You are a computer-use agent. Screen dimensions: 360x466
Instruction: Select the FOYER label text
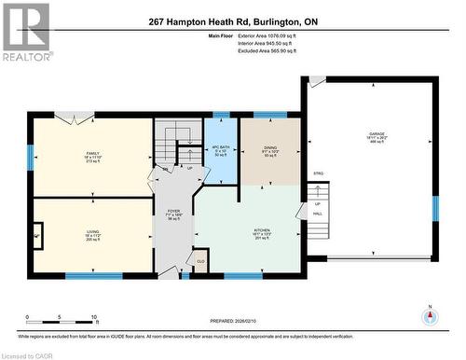[173, 212]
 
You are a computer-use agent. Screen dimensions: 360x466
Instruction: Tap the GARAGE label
[376, 136]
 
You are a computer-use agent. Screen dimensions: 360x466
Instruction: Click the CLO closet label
[201, 260]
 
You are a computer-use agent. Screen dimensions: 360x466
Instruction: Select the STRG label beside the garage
[318, 173]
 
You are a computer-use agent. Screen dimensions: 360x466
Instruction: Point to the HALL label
[317, 214]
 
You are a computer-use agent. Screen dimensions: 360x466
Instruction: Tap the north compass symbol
[429, 314]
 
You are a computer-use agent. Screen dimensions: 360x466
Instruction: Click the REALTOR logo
[26, 32]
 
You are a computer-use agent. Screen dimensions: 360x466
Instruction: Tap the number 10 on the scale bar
[94, 317]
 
